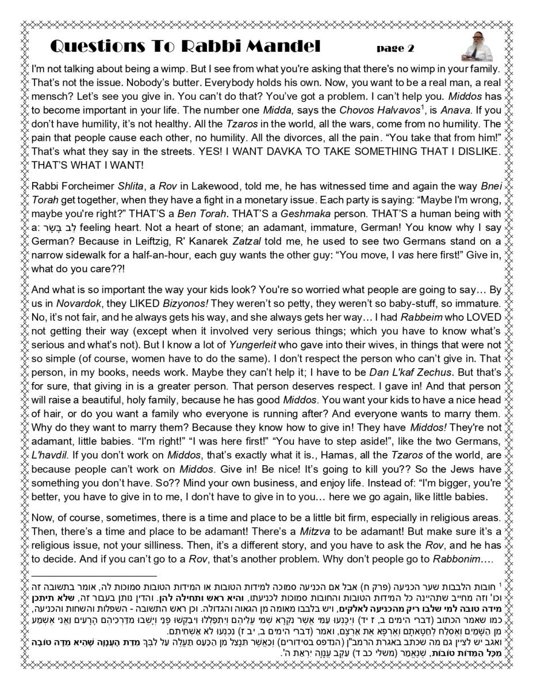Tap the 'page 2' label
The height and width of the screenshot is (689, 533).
point(396,48)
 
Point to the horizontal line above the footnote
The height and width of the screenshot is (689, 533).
point(94,575)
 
